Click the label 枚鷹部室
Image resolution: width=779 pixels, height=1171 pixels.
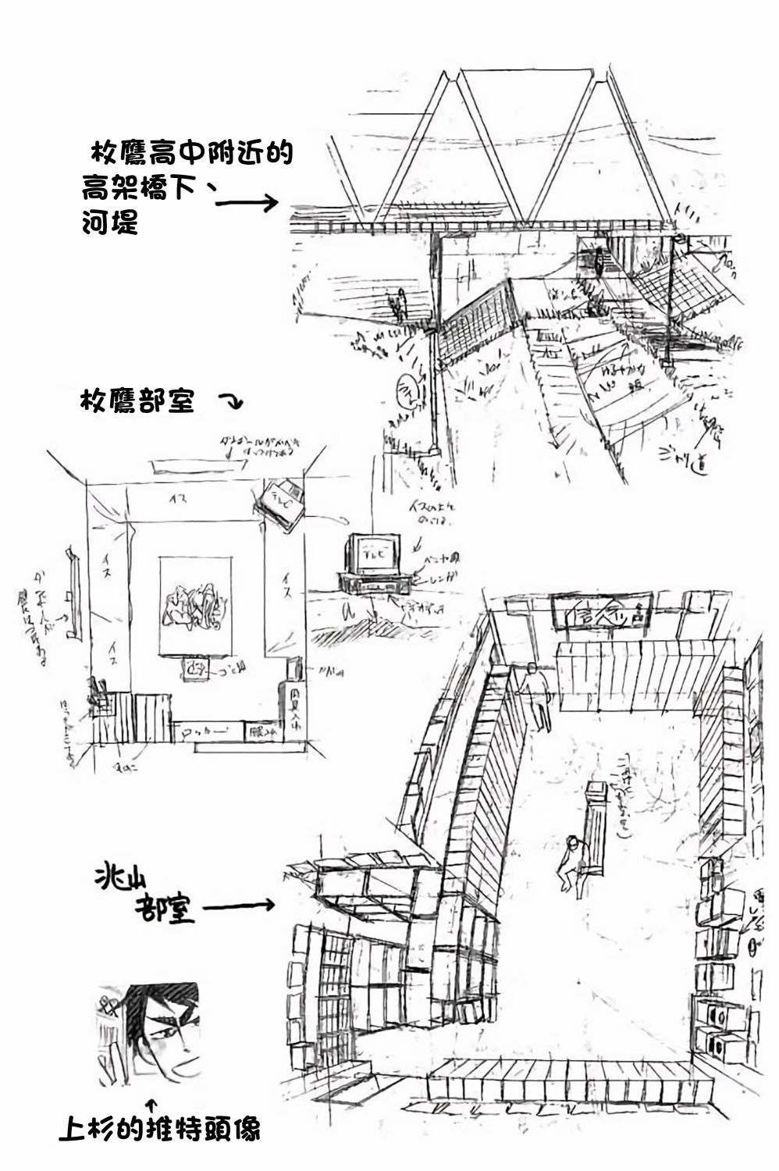137,404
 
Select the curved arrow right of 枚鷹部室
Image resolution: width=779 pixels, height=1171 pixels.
233,404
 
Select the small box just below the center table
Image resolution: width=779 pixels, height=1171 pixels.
195,668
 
